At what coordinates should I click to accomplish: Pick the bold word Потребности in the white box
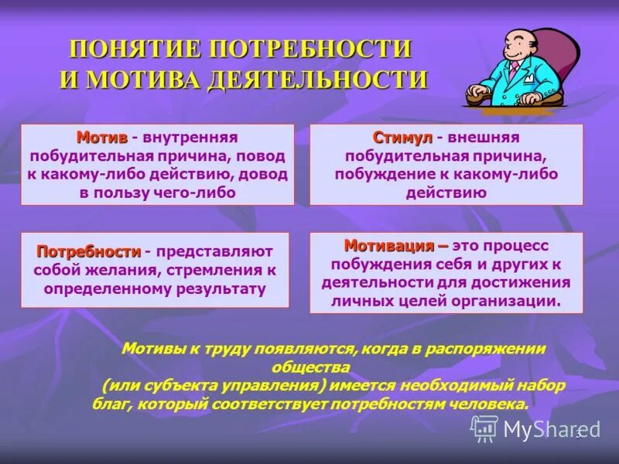pos(89,252)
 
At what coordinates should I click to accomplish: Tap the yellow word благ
pos(109,404)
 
